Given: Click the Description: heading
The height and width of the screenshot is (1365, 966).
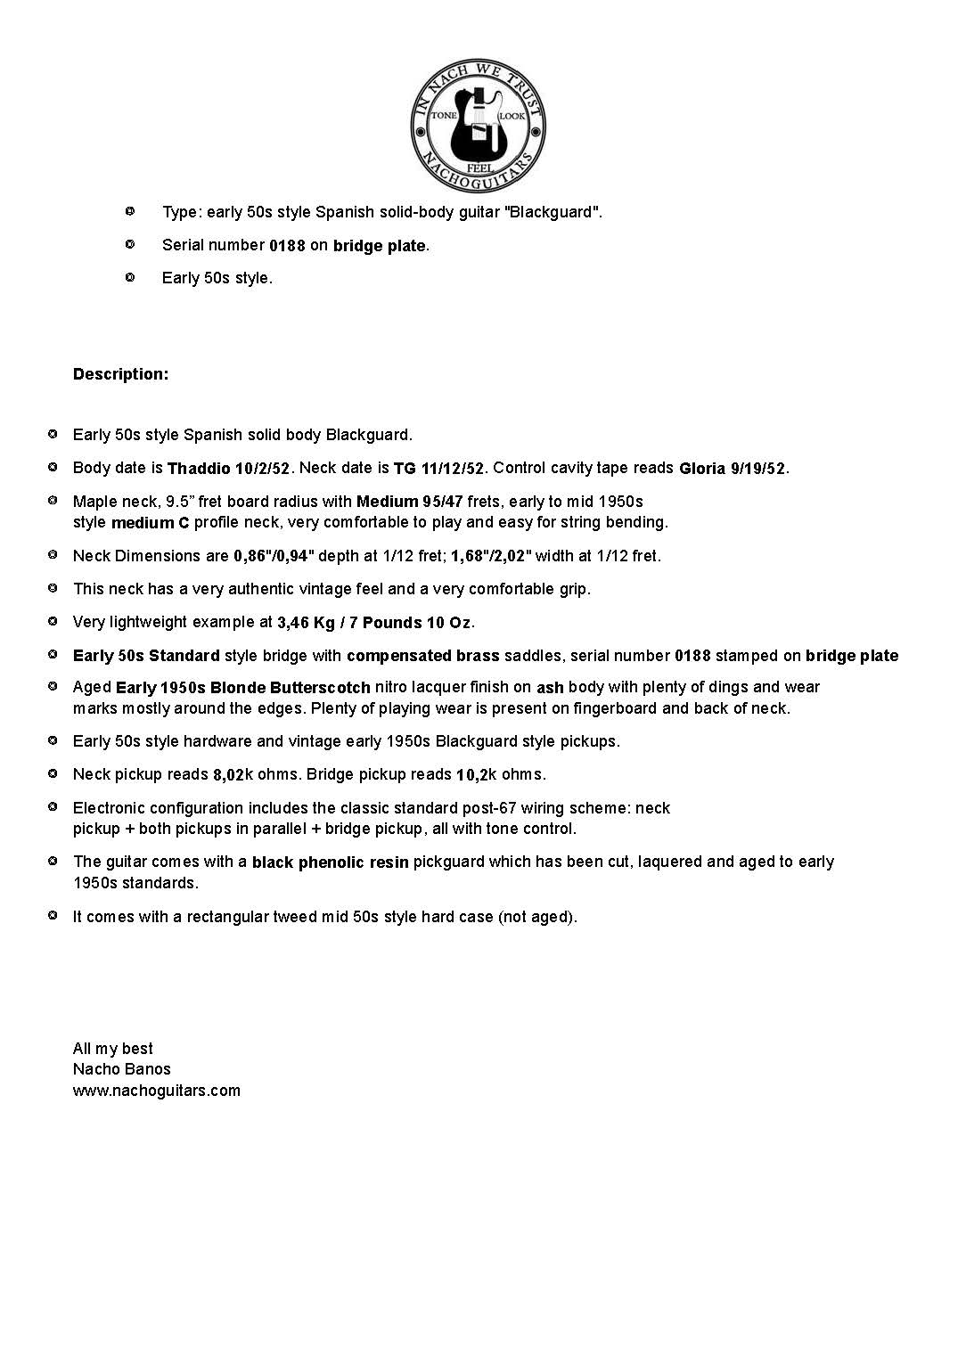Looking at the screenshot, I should (120, 374).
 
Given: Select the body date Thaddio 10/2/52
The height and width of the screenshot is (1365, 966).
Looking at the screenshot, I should (228, 469).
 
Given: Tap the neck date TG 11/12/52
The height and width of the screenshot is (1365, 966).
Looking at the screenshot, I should (438, 469).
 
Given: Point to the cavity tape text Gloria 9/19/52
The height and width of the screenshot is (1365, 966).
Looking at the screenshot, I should (733, 469).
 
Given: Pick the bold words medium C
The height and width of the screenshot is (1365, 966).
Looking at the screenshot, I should (150, 523).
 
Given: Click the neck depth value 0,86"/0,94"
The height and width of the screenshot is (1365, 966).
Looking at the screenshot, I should (274, 556).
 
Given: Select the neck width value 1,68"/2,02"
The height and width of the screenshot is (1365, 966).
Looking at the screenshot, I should (491, 556).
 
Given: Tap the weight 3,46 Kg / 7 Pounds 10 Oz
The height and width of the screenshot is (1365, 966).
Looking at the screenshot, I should (373, 623).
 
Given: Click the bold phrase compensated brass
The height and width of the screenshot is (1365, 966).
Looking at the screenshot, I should (423, 656).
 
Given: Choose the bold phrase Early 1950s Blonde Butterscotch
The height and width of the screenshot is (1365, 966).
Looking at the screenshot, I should (243, 688).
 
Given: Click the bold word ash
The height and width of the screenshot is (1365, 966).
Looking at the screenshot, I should (550, 688).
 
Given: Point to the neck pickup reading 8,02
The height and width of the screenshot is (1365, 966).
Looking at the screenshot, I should (228, 775).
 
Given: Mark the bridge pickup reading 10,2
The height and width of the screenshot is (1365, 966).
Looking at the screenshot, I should (471, 775).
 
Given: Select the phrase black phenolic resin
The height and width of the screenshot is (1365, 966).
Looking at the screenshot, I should (330, 862).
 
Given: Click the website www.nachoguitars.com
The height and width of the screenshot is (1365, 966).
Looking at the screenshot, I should (157, 1091).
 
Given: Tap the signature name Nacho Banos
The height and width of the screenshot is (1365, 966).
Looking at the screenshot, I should (121, 1069).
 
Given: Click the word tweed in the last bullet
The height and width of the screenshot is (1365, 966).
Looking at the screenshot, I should (293, 917).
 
